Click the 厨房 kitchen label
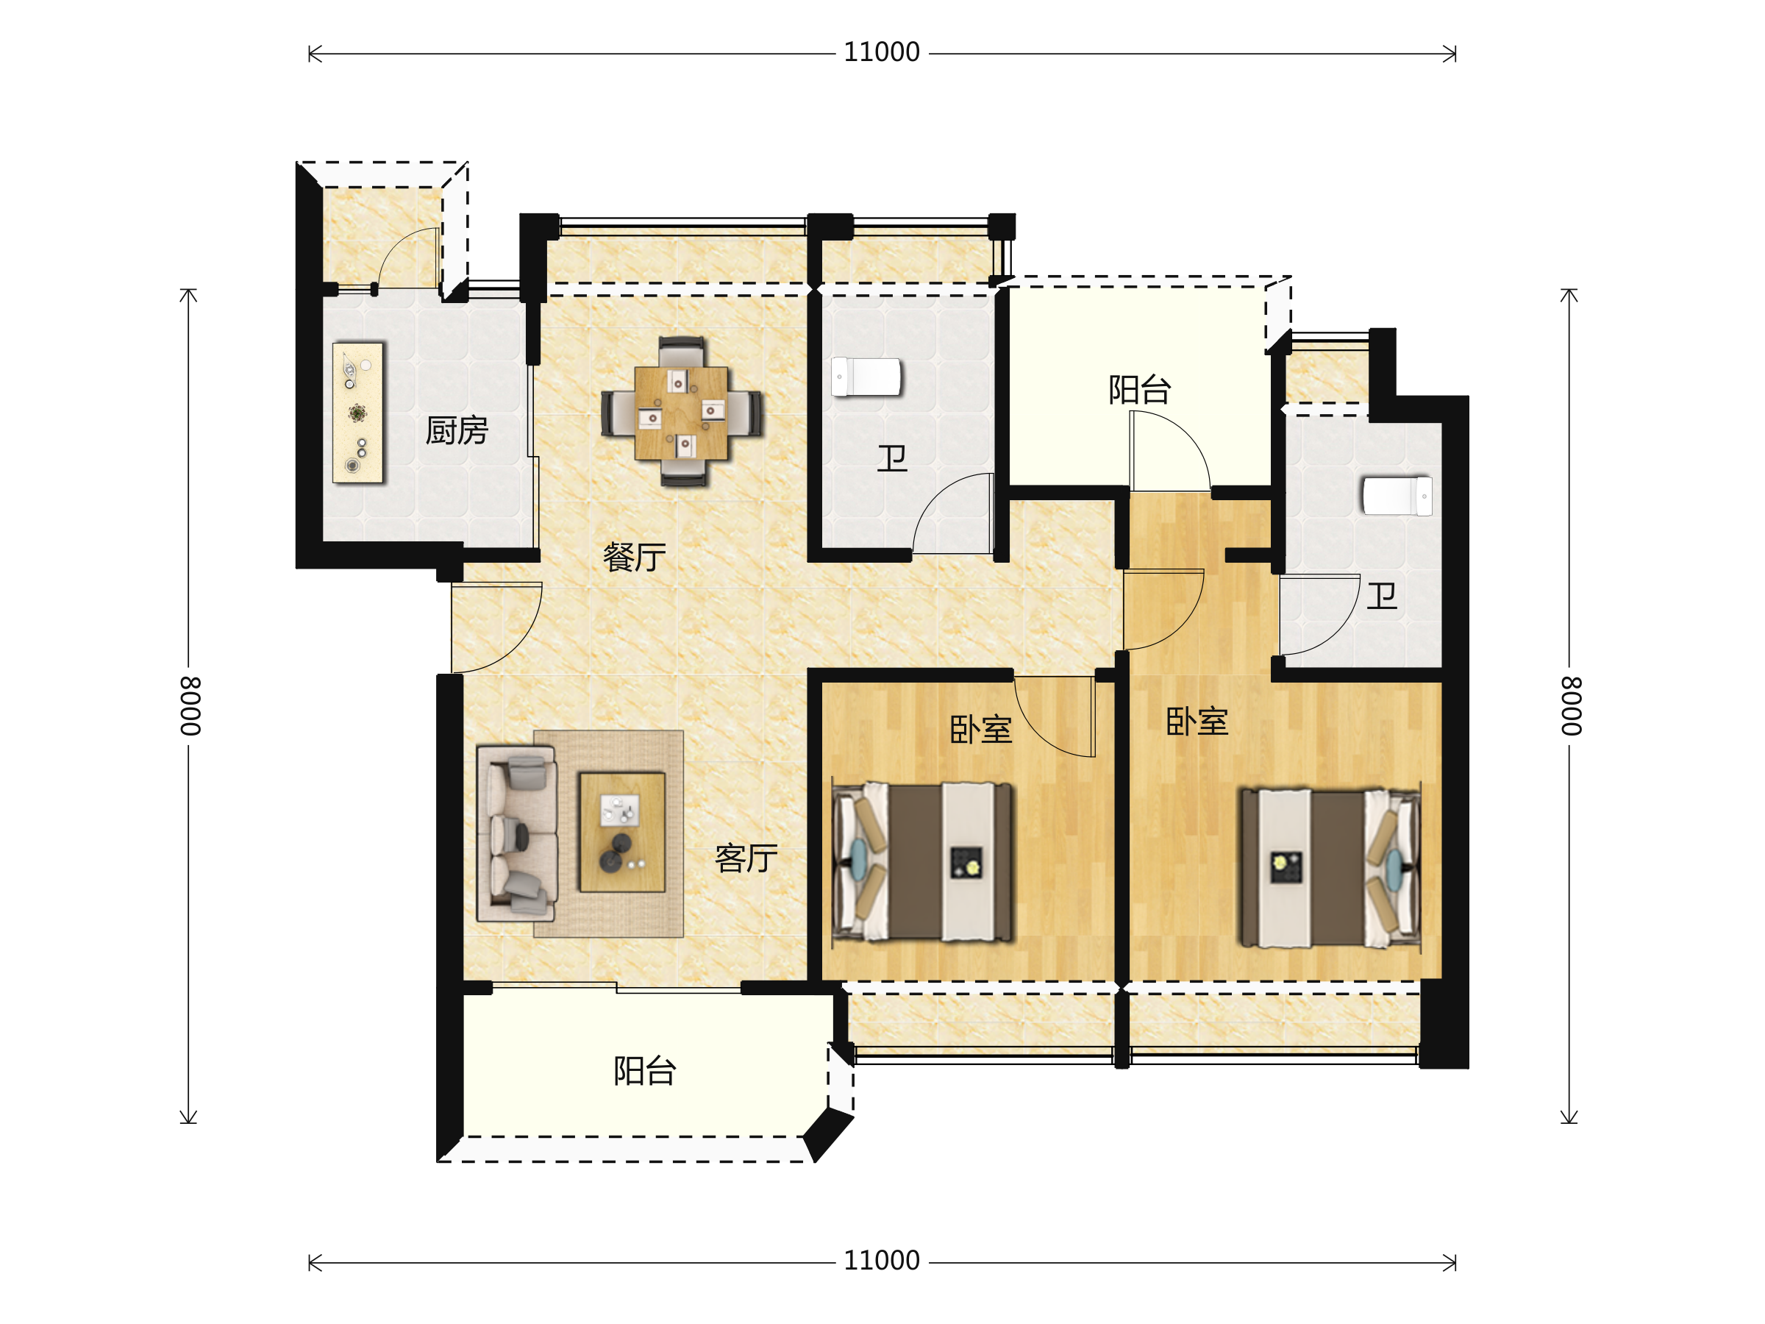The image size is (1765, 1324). (x=457, y=431)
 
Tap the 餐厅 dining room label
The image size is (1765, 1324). (x=635, y=557)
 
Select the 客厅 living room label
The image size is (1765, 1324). (x=746, y=858)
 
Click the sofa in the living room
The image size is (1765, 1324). (x=516, y=834)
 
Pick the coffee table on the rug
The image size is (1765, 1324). (x=622, y=832)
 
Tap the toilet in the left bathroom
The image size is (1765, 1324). (x=866, y=377)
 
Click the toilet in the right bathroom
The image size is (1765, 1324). (x=1397, y=496)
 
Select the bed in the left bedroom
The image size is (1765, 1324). (x=922, y=862)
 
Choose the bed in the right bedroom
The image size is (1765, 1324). (x=1330, y=867)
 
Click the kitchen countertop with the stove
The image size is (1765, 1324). (x=358, y=413)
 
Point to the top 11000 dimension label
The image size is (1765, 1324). (x=882, y=53)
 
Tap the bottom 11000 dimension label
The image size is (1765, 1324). (x=882, y=1261)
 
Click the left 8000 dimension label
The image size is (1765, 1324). (x=190, y=706)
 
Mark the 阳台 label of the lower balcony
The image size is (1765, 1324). (x=645, y=1071)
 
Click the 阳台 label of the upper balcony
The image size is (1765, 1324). (x=1139, y=391)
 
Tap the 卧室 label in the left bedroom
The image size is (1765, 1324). (x=980, y=730)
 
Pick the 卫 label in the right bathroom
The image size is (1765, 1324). (x=1382, y=595)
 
